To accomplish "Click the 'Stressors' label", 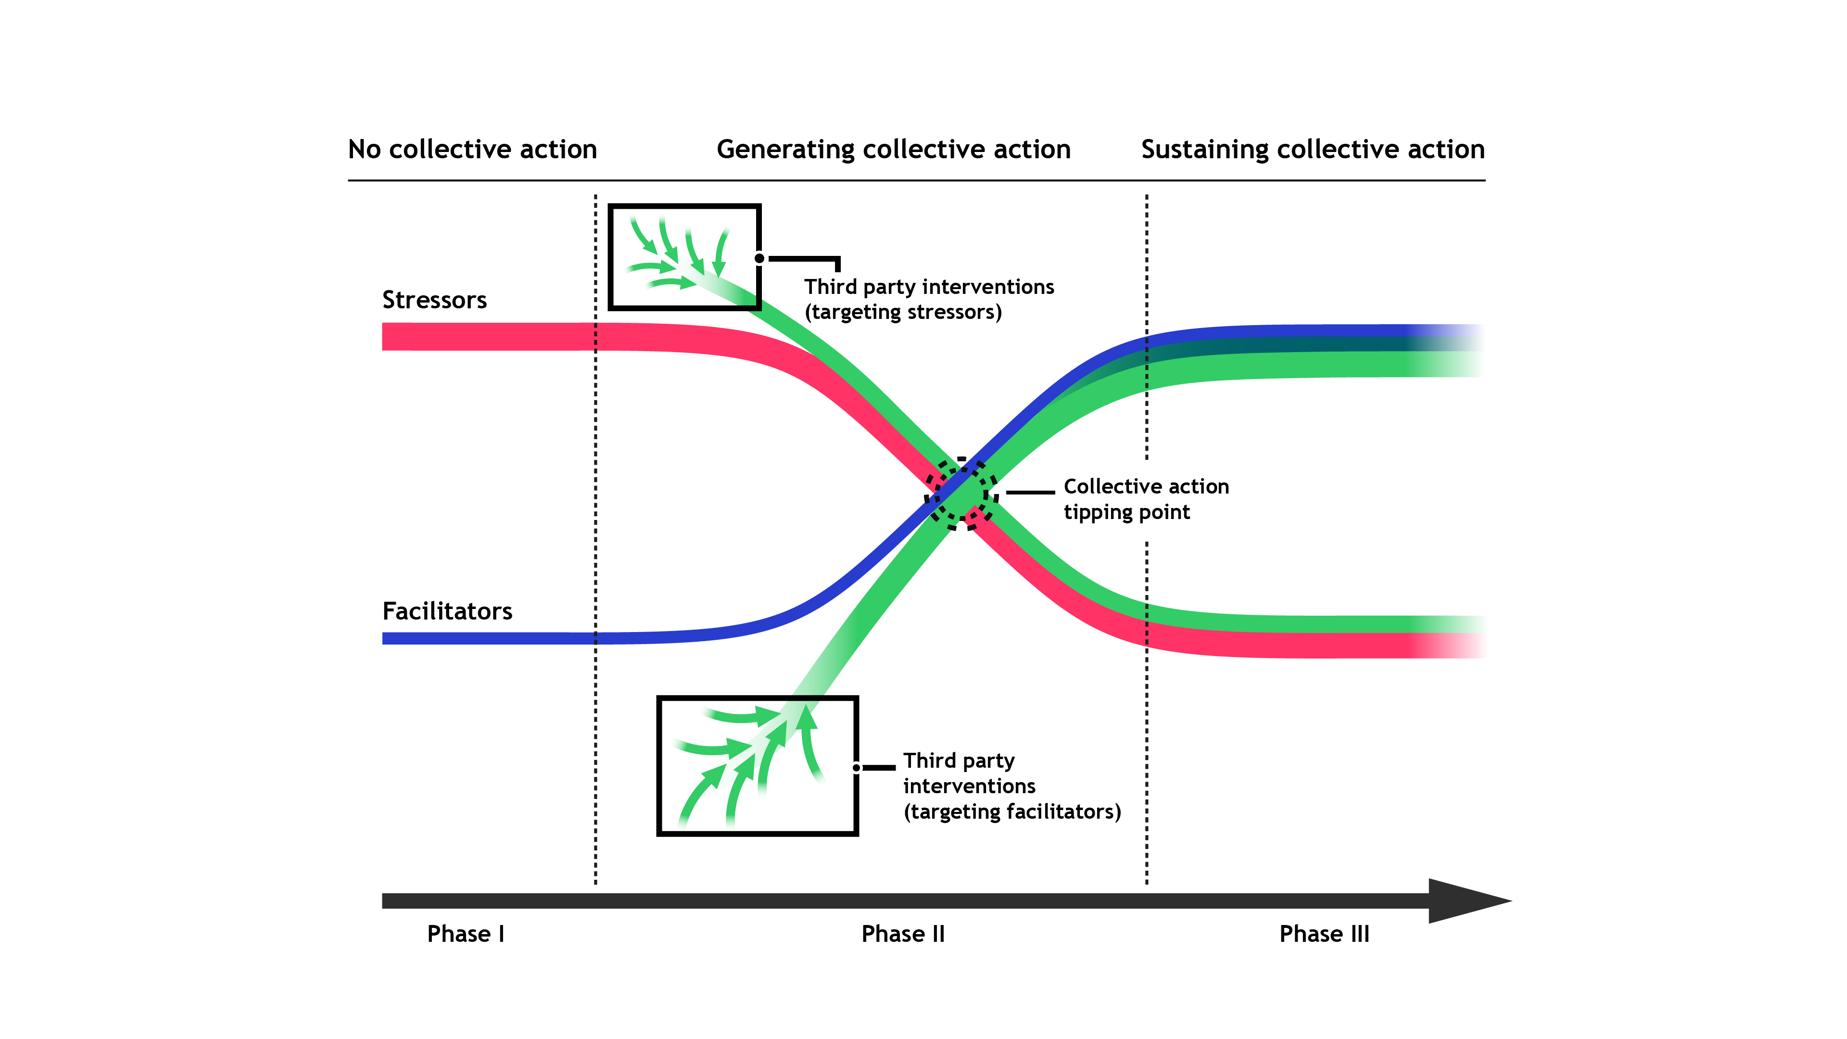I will click(434, 300).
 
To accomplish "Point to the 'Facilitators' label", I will click(447, 611).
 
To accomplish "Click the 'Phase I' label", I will click(465, 934).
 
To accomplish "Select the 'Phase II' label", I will click(903, 934).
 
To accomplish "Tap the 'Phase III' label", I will click(1324, 934).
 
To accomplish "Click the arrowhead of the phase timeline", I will click(1466, 900).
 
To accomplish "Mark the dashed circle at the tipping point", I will click(961, 494).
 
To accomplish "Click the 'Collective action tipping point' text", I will click(1145, 499).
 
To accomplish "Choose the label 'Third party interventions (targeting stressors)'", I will click(928, 299).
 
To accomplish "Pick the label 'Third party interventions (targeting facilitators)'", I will click(1011, 786).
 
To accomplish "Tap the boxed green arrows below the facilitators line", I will click(757, 765).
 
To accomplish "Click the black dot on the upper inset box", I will click(759, 258).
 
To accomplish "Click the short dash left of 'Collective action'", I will click(1030, 493).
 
